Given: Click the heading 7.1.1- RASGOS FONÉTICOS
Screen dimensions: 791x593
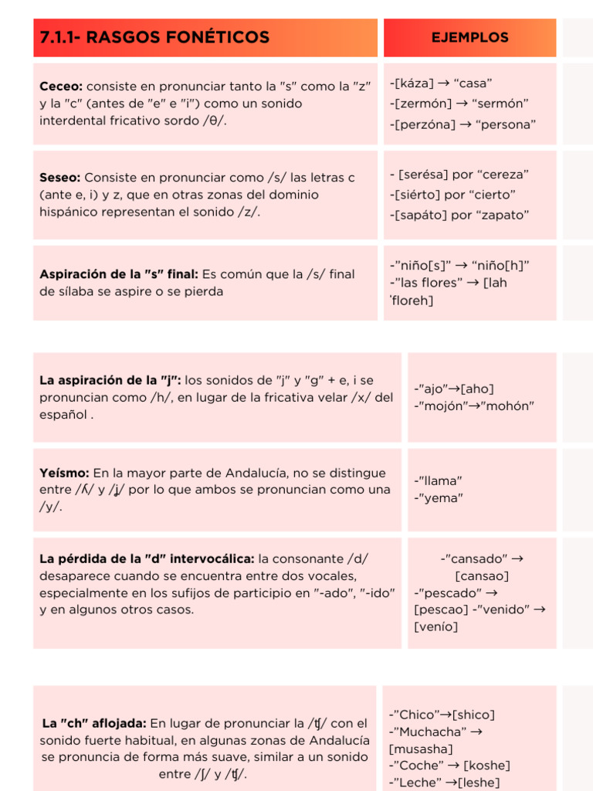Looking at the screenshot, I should (x=154, y=37).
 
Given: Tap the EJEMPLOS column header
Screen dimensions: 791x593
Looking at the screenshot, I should (x=469, y=37).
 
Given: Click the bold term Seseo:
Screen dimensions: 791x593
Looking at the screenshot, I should (x=60, y=178).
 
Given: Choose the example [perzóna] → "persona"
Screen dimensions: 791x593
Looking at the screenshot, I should (x=463, y=124).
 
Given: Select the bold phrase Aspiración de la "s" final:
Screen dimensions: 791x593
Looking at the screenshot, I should (x=119, y=274).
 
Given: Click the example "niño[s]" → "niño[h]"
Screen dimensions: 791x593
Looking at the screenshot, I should (x=460, y=265).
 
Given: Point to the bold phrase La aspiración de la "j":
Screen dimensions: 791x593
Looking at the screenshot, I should (x=110, y=381).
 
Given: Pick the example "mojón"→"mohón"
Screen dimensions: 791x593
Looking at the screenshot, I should (x=474, y=406).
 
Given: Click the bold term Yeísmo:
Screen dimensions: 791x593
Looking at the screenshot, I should (x=65, y=473).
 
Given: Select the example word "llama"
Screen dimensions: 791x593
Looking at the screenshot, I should (x=439, y=480).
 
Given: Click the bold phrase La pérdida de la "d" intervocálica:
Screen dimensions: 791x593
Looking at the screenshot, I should (x=147, y=558).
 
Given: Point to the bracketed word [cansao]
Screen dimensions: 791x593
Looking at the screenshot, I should (x=482, y=575).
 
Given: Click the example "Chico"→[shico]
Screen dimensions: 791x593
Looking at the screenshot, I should (x=442, y=715).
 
